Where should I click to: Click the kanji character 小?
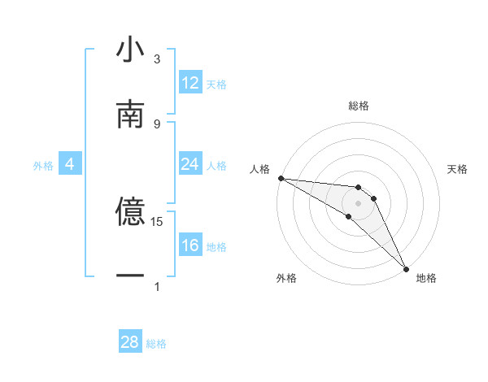tap(130, 50)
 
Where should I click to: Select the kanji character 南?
tap(130, 115)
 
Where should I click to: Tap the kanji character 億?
tap(130, 212)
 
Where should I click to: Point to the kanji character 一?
tap(130, 277)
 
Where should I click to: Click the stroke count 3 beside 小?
tap(157, 59)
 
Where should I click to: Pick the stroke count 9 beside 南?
tap(157, 124)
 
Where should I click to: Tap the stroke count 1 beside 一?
tap(157, 286)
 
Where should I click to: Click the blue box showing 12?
tap(190, 83)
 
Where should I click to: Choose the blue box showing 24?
tap(190, 164)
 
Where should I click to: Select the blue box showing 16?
tap(190, 245)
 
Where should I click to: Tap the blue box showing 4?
tap(69, 164)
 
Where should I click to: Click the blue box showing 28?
tap(130, 342)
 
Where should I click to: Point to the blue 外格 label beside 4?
tap(43, 165)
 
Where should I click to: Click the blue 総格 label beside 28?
tap(156, 344)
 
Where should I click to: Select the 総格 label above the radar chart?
tap(359, 106)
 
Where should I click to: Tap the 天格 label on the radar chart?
tap(458, 169)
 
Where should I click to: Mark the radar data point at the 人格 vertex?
tap(281, 178)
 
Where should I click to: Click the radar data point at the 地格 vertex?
tap(406, 267)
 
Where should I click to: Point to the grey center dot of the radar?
tap(358, 202)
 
